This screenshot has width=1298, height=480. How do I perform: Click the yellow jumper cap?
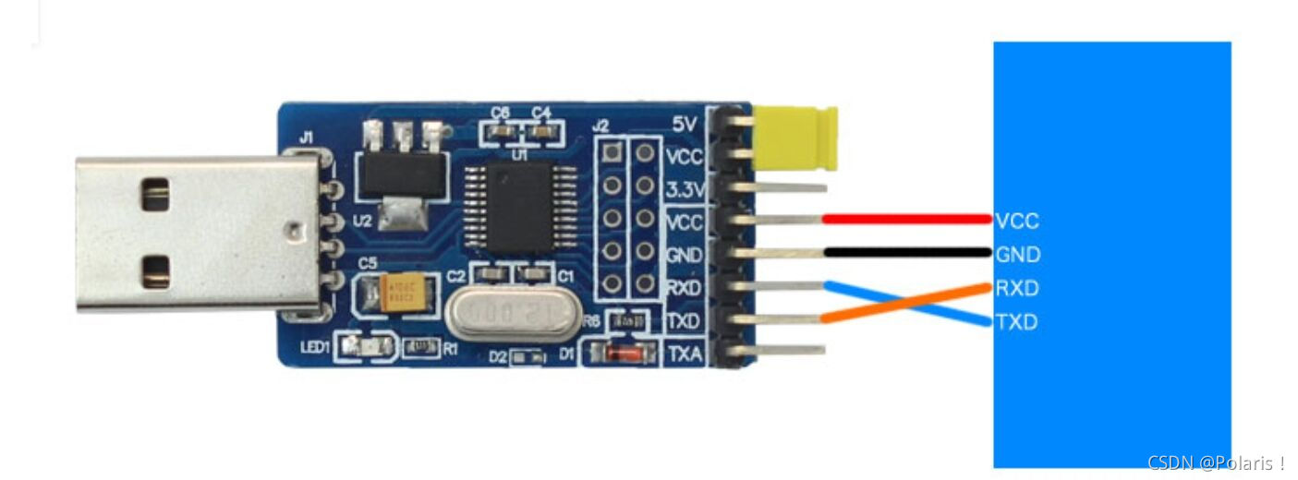[x=795, y=138]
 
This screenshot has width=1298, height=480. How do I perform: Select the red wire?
[x=905, y=220]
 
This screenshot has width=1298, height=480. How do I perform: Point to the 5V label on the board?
[x=685, y=124]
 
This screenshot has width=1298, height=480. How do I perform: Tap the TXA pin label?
[x=684, y=354]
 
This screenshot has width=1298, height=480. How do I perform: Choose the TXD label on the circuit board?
[x=684, y=321]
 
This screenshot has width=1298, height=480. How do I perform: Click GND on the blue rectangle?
[x=1017, y=254]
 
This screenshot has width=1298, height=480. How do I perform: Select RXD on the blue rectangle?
[x=1017, y=288]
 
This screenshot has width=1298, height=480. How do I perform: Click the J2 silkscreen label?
[x=600, y=125]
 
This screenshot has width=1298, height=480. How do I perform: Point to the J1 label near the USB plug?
[x=305, y=138]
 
